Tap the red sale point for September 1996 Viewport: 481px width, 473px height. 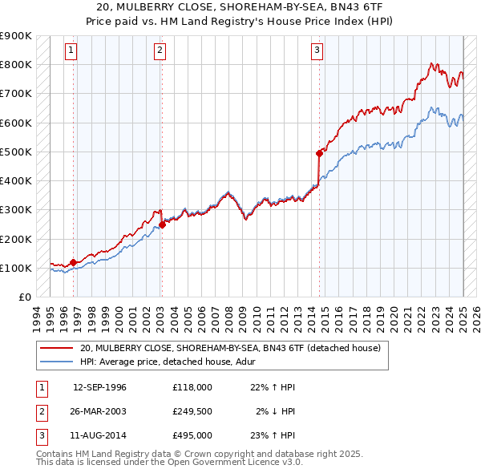click(73, 262)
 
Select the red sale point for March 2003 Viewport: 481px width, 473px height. click(162, 224)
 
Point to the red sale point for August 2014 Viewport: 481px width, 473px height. click(319, 152)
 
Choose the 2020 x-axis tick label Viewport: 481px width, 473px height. click(395, 317)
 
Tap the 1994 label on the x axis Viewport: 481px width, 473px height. click(36, 317)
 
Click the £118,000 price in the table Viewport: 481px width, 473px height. click(192, 387)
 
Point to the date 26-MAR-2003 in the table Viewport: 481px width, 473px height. click(99, 411)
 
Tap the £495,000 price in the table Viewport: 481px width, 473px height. click(192, 435)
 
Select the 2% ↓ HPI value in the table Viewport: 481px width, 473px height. click(275, 411)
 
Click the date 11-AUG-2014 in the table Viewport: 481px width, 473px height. click(99, 435)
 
